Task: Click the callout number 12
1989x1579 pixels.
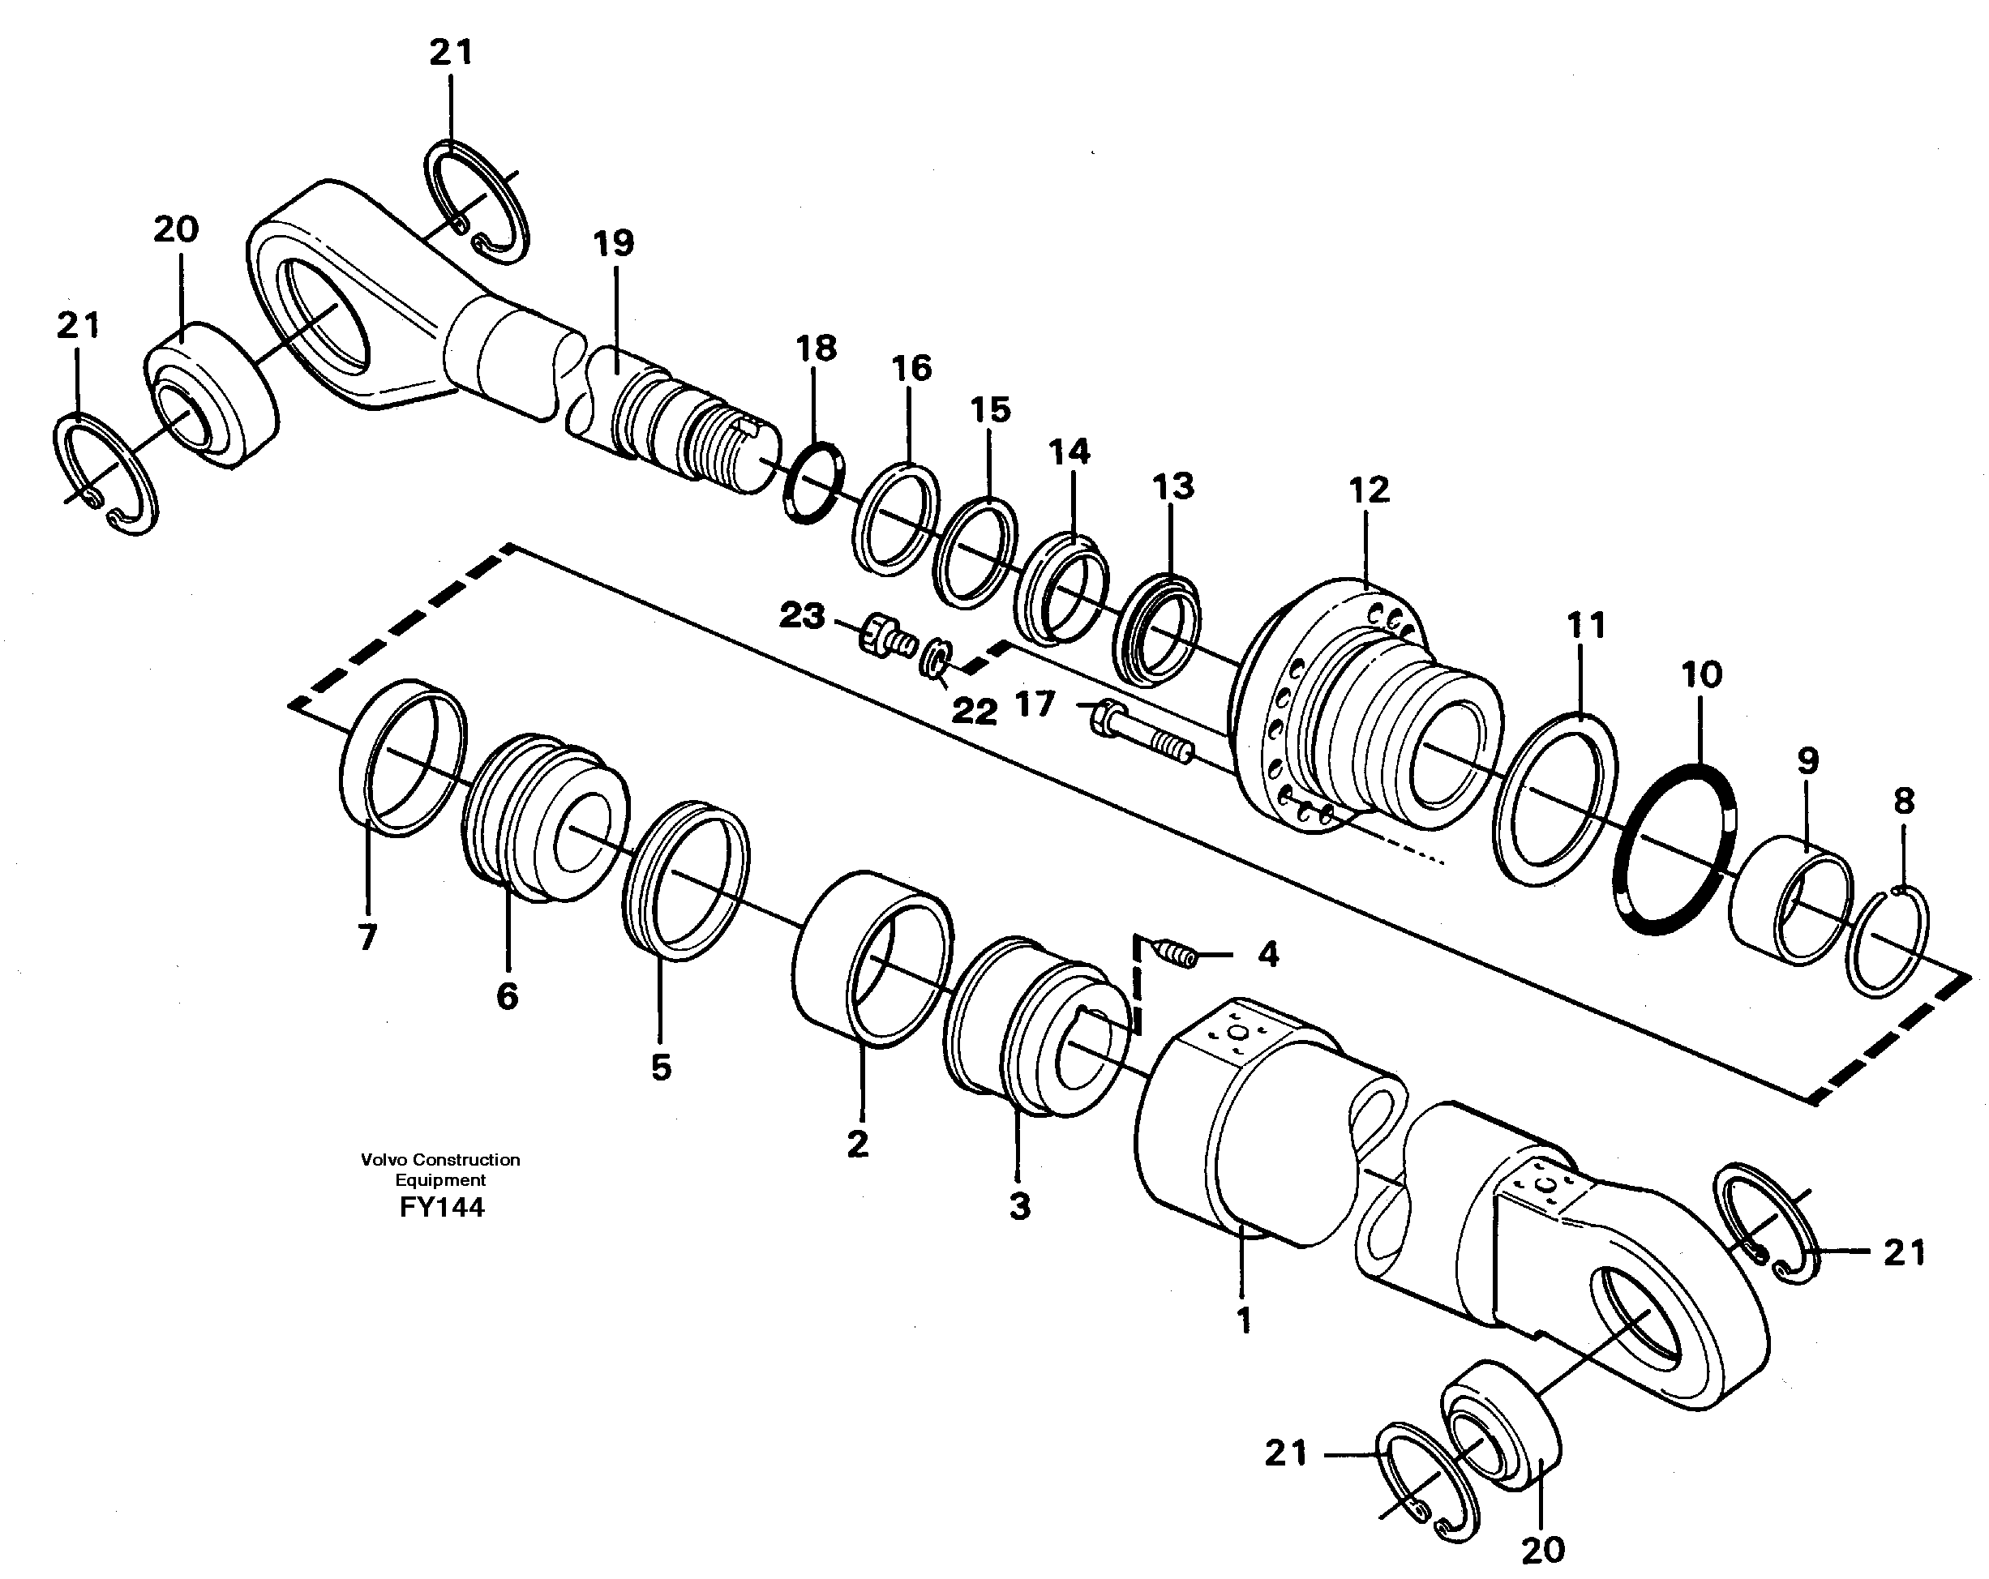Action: click(x=1368, y=490)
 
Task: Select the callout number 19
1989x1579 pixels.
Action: click(x=614, y=243)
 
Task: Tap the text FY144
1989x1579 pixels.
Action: click(x=441, y=1207)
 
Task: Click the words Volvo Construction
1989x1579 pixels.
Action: click(x=440, y=1159)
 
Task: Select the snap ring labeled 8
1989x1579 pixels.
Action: click(x=1891, y=941)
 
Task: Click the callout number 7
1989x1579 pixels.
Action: click(x=367, y=937)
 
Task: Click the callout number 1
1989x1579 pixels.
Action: click(x=1243, y=1320)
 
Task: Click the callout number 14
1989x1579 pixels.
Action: click(x=1069, y=452)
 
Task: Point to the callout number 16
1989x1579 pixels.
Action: click(x=911, y=368)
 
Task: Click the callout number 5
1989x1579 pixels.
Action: click(x=661, y=1067)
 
